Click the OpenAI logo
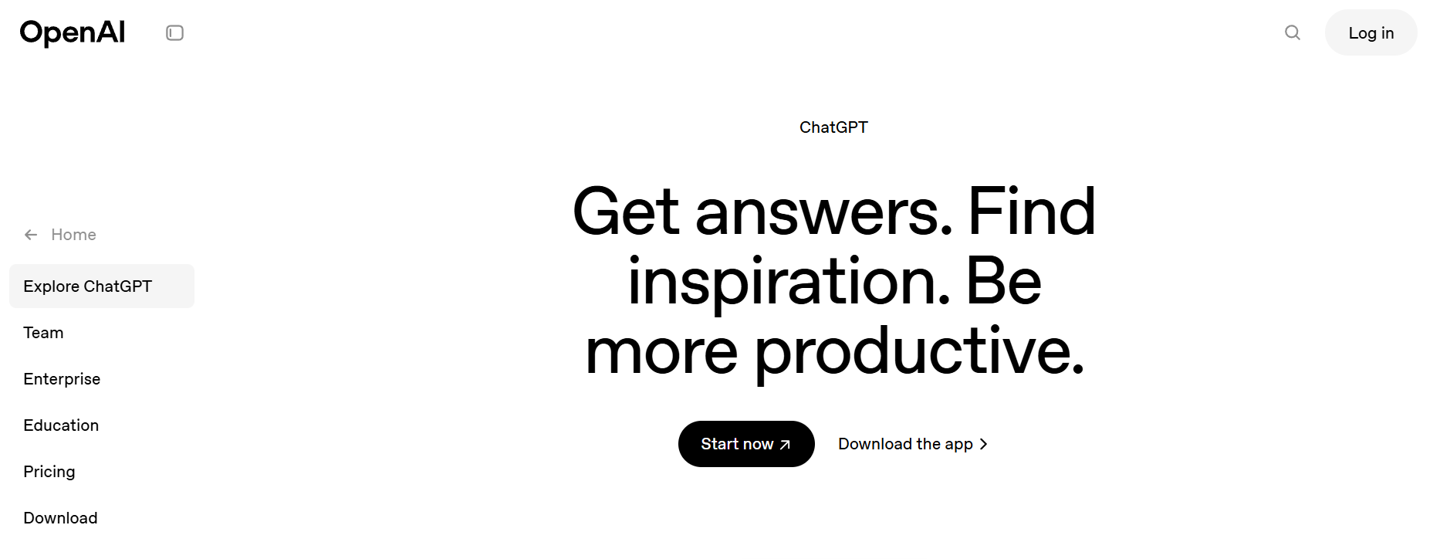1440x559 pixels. point(73,33)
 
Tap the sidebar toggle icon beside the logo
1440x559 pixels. point(175,33)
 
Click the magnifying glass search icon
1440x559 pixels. point(1293,32)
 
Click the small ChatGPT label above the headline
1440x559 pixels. point(833,127)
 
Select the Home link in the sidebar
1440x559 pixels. point(73,235)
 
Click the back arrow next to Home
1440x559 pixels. point(31,235)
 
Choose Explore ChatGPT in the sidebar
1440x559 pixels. point(88,286)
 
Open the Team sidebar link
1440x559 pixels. point(43,333)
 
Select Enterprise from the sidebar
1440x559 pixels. point(62,379)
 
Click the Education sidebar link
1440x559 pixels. point(61,425)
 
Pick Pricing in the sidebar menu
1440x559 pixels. point(49,472)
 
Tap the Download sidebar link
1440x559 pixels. point(60,518)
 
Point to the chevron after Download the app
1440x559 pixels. point(983,444)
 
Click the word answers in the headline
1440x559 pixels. point(823,212)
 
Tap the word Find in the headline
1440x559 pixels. point(1032,210)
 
